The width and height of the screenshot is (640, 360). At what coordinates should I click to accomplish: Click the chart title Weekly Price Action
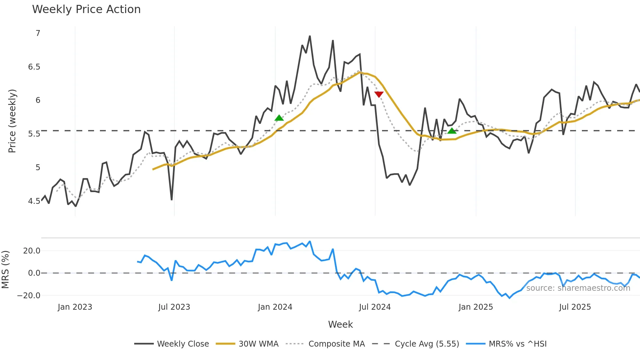(x=86, y=9)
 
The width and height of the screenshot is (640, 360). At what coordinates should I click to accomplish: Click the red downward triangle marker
(x=379, y=94)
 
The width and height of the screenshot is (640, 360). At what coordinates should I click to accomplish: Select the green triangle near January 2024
(x=279, y=118)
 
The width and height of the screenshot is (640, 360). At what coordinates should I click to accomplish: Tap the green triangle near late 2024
(x=452, y=131)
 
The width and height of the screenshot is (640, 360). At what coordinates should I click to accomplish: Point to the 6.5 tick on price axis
(x=34, y=67)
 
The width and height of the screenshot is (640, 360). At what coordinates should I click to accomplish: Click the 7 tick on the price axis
(x=38, y=33)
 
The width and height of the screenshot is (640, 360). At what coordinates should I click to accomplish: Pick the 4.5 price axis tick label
(x=34, y=201)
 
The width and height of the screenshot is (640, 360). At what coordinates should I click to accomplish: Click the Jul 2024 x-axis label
(x=375, y=307)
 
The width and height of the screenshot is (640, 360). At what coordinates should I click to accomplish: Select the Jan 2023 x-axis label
(x=75, y=307)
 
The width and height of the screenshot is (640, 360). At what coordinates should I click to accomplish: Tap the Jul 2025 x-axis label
(x=575, y=307)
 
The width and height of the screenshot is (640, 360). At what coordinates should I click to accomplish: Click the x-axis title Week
(x=340, y=324)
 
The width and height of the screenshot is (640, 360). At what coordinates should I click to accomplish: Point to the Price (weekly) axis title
(x=12, y=121)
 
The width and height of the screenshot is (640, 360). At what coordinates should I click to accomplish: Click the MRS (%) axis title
(x=5, y=270)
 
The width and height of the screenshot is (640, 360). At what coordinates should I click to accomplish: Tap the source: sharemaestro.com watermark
(x=578, y=288)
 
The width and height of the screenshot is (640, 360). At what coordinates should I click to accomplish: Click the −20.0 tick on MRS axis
(x=28, y=296)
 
